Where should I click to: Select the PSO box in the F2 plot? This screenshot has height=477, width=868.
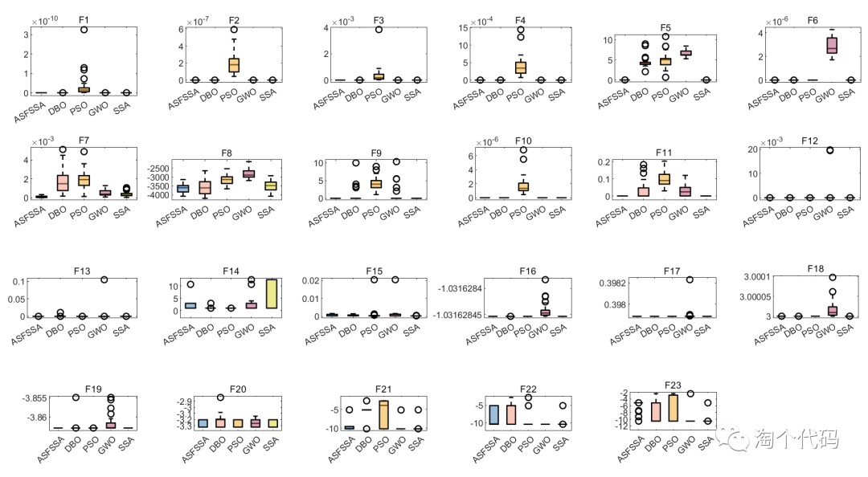click(x=234, y=64)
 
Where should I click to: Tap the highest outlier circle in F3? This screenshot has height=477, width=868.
click(x=378, y=30)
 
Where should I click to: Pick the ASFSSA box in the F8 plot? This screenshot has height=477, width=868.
click(x=182, y=189)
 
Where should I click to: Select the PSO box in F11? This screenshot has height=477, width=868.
click(x=664, y=178)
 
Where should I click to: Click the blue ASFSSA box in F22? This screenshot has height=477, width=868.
click(x=494, y=414)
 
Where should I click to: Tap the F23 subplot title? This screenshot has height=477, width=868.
click(x=674, y=385)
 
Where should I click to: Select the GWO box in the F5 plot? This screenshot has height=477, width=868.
click(x=686, y=53)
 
